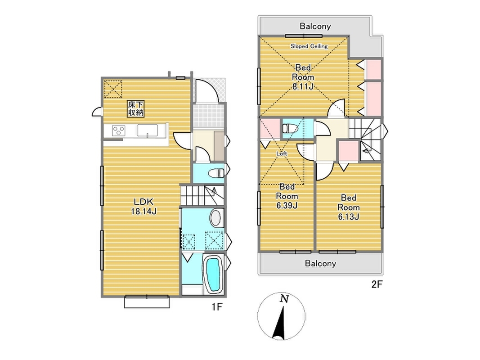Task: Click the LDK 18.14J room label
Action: (x=144, y=207)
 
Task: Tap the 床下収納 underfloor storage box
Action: (x=135, y=108)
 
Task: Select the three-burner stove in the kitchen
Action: (x=118, y=130)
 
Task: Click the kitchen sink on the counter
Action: (x=147, y=130)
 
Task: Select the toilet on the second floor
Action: (x=290, y=128)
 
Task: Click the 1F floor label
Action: (x=216, y=307)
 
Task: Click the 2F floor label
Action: (x=377, y=284)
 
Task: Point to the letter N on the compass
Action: (x=285, y=299)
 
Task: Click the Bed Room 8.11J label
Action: (x=303, y=77)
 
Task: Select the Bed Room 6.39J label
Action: (x=287, y=196)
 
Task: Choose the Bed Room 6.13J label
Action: (x=348, y=207)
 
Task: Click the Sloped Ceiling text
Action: (x=309, y=46)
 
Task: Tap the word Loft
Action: (x=282, y=153)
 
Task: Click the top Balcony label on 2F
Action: (x=315, y=27)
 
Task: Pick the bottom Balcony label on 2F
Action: (x=320, y=263)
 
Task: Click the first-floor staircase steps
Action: (x=202, y=195)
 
